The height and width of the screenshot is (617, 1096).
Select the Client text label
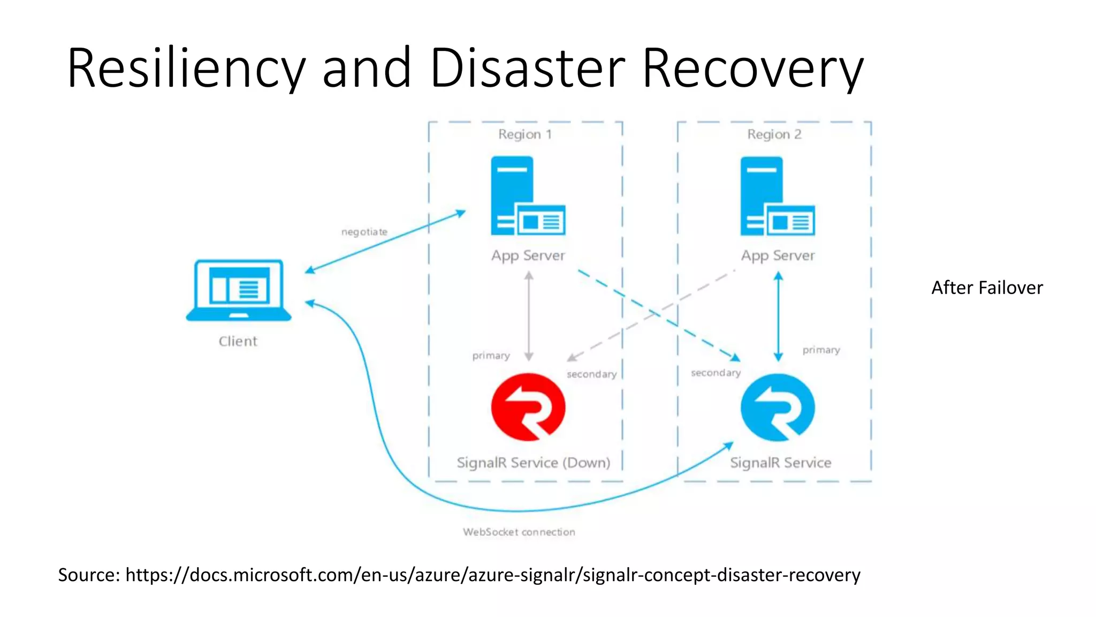tap(238, 341)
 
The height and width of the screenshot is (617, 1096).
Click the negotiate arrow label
tap(364, 232)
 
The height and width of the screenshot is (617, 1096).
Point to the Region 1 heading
tap(524, 134)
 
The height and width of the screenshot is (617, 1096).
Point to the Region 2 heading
tap(774, 134)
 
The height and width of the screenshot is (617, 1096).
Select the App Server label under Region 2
tap(778, 255)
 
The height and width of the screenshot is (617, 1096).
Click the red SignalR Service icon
tap(528, 407)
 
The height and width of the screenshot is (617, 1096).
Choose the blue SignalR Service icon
tap(778, 408)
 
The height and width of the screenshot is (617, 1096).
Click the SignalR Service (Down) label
tap(533, 462)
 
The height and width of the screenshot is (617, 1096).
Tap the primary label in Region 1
tap(491, 356)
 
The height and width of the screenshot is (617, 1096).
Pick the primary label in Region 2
tap(821, 350)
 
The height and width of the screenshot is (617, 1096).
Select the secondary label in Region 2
tap(716, 373)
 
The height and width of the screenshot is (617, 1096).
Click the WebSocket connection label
tap(519, 532)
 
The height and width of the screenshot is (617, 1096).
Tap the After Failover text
tap(987, 288)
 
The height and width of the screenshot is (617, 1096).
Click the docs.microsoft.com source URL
tap(492, 575)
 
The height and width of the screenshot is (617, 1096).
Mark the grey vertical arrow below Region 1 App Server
tap(529, 316)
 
